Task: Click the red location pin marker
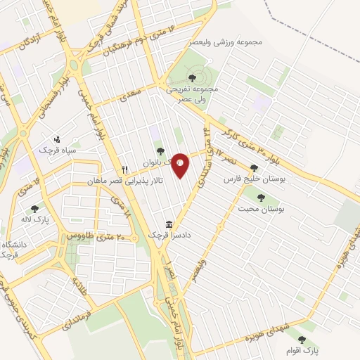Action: tap(180, 165)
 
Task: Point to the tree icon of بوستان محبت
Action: tap(261, 198)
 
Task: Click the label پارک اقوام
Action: tap(307, 350)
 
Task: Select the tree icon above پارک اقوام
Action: tap(302, 340)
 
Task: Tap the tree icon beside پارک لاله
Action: tap(34, 209)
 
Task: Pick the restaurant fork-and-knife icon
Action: tap(125, 169)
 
